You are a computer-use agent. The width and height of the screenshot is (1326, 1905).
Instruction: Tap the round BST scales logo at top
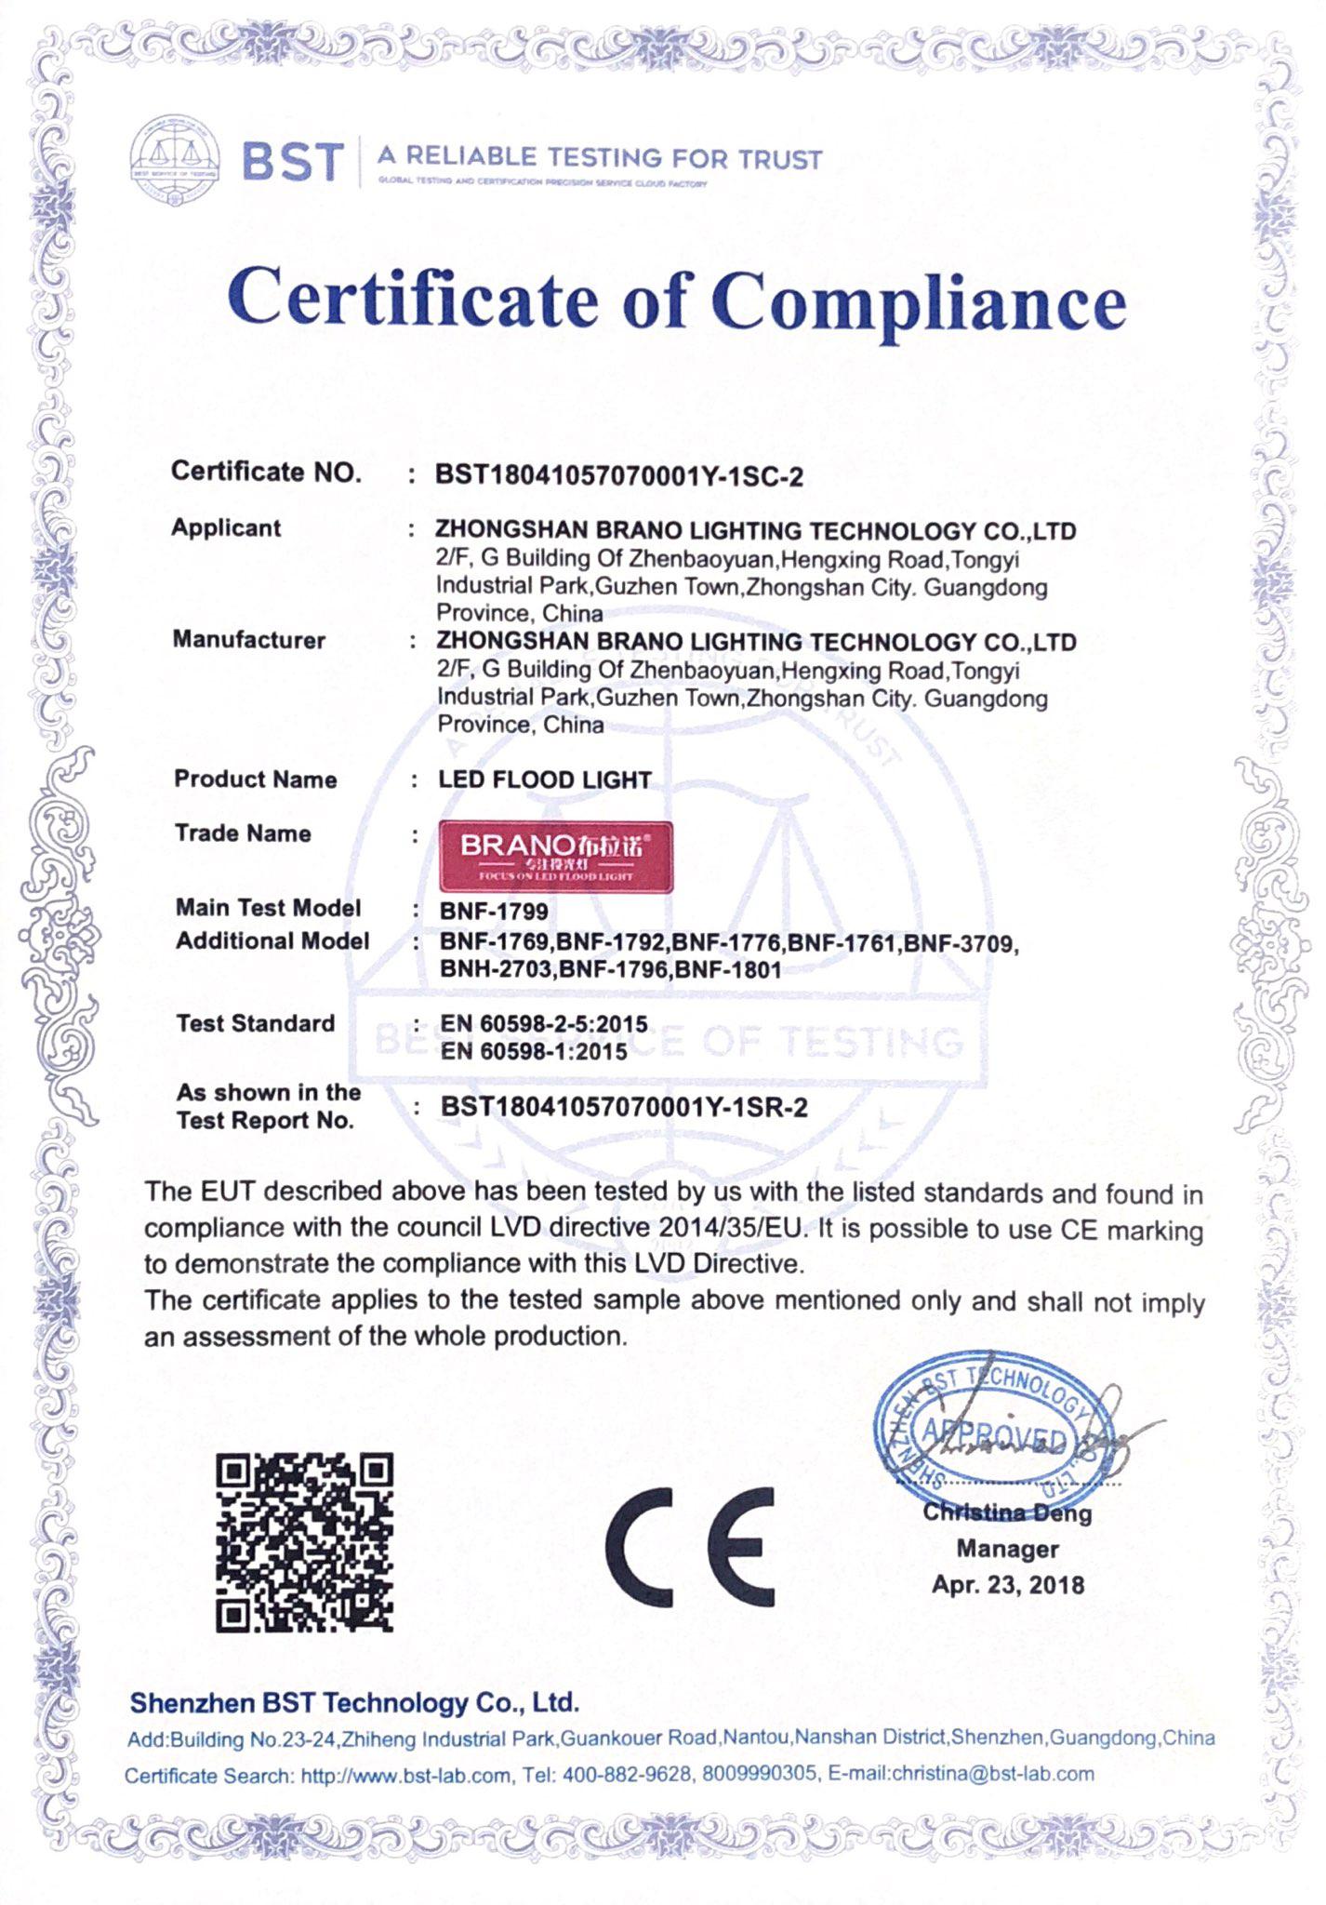175,161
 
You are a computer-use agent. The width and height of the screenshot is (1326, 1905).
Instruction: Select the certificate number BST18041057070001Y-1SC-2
619,477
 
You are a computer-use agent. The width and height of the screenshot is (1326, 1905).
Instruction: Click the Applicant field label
226,528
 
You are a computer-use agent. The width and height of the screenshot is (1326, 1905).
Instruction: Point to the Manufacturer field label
249,640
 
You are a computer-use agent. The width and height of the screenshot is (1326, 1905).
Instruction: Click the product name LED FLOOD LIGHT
545,779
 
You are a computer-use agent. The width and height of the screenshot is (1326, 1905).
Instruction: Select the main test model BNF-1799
494,912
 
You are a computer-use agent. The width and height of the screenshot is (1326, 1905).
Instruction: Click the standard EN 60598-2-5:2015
544,1024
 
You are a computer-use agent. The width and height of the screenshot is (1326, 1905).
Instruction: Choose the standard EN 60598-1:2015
534,1052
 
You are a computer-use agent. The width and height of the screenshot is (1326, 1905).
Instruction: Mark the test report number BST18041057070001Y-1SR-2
624,1108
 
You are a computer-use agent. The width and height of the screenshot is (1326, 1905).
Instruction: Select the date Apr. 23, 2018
1008,1585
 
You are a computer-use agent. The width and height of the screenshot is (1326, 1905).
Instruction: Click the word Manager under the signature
1008,1550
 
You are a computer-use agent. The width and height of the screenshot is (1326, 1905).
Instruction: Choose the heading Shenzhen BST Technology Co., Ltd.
354,1703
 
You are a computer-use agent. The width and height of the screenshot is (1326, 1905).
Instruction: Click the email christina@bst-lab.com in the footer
992,1774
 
